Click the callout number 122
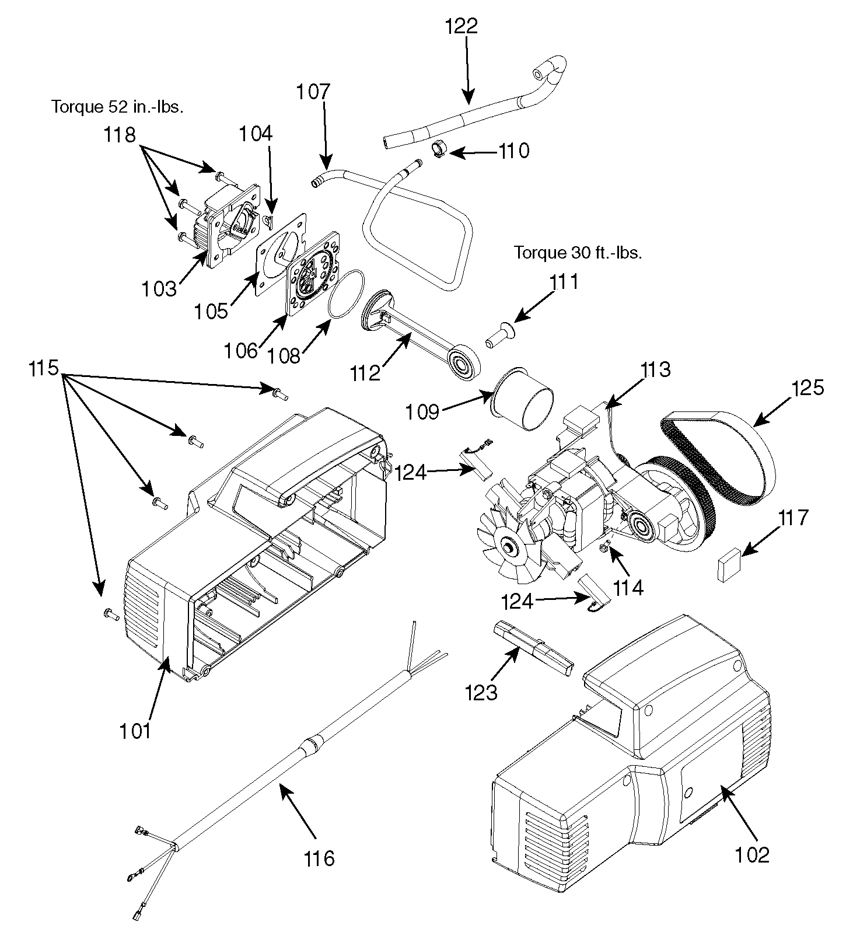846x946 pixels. [461, 27]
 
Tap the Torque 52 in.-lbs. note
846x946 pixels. [117, 107]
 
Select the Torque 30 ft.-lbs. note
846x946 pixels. [578, 253]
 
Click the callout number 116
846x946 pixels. [319, 858]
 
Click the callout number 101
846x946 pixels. [135, 731]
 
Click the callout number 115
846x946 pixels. [44, 368]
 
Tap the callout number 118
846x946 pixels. [120, 135]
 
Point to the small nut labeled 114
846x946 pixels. [605, 546]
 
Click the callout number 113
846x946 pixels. [656, 369]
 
